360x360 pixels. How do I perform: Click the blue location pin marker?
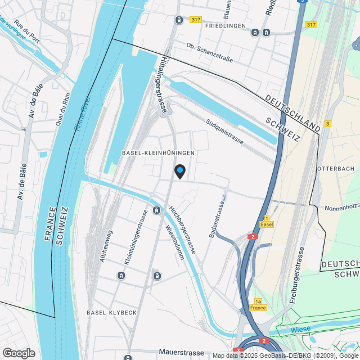click(179, 170)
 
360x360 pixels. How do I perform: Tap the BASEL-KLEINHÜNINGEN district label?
click(159, 153)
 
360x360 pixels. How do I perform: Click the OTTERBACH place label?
click(335, 169)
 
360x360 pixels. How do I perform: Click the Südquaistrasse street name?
click(224, 131)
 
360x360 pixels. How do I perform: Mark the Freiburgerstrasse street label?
click(297, 276)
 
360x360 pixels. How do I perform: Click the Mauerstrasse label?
click(181, 353)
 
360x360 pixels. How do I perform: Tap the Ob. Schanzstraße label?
click(209, 53)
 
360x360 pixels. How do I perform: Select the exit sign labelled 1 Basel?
click(267, 221)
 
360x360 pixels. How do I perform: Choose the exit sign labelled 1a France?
click(259, 305)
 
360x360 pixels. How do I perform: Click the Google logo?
click(19, 353)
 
